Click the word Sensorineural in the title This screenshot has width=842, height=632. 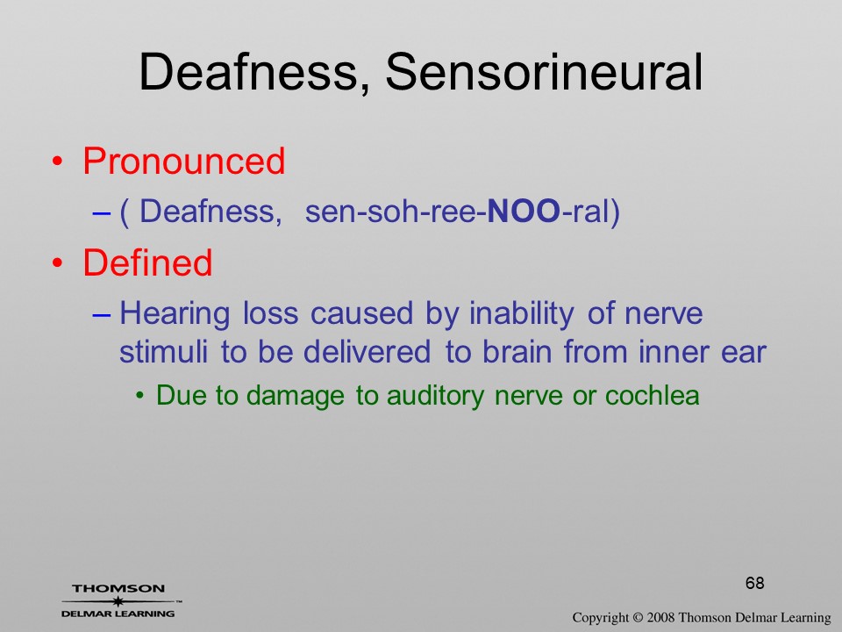coord(544,72)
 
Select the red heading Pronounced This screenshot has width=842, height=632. coord(183,161)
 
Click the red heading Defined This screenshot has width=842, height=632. coord(147,262)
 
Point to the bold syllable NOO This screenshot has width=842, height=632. coord(523,211)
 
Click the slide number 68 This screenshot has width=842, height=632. coord(754,583)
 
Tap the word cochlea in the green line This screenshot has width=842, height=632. coord(652,395)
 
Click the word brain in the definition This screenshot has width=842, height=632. coord(517,352)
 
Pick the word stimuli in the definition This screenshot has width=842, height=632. coord(163,352)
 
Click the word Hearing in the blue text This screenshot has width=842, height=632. coord(175,314)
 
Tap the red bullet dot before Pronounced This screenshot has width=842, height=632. coord(58,162)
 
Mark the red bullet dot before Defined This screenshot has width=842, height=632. coord(58,263)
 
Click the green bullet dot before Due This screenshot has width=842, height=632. coord(140,397)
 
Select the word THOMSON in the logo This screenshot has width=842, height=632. coord(118,589)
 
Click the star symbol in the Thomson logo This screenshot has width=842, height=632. coord(118,601)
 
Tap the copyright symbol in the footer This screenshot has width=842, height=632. coord(638,617)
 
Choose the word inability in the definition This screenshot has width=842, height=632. coord(521,314)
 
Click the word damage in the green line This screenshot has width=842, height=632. coord(296,397)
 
